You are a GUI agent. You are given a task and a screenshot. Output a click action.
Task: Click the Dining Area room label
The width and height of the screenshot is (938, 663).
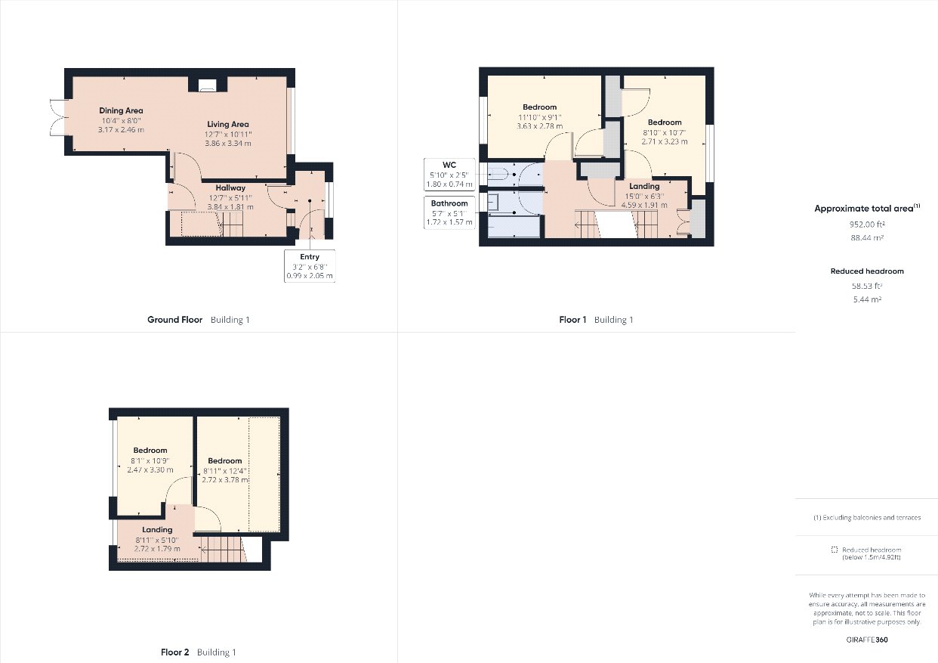pos(121,110)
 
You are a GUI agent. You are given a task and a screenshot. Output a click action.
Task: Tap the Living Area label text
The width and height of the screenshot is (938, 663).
pos(229,124)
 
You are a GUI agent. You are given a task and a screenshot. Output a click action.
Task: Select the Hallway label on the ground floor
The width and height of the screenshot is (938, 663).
pos(230,187)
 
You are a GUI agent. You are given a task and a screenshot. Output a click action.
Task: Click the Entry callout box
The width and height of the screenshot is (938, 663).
pos(310,266)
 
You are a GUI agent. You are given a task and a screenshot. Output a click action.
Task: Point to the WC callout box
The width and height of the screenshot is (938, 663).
pos(449,174)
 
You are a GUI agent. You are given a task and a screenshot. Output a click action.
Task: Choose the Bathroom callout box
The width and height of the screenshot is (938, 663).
pos(449,212)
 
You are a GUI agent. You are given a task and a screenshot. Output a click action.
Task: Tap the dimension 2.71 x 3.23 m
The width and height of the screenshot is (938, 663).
pos(665,141)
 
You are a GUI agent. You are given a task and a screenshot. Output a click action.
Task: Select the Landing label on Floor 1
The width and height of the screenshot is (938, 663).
pos(644,186)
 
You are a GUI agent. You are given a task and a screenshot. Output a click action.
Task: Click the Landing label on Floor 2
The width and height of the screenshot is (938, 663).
pos(157,529)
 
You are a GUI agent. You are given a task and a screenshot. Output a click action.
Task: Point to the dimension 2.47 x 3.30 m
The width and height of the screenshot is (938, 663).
pos(150,469)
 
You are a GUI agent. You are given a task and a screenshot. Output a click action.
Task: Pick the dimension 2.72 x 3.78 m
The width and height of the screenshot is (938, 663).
pos(225,479)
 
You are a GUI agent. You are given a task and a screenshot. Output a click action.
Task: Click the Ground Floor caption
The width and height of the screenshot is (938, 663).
pos(174,320)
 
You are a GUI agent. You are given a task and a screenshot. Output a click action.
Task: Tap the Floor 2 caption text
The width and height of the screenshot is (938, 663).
pos(175,652)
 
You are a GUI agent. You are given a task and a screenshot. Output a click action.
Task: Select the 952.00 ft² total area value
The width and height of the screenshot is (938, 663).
pos(867,224)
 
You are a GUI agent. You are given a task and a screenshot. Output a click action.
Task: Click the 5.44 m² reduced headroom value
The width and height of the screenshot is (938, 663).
pos(867,299)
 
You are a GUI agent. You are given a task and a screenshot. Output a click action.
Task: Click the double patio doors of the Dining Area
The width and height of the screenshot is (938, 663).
pos(57,117)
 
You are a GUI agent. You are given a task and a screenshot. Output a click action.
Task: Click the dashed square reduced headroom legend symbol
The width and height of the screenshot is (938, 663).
pos(834,550)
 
